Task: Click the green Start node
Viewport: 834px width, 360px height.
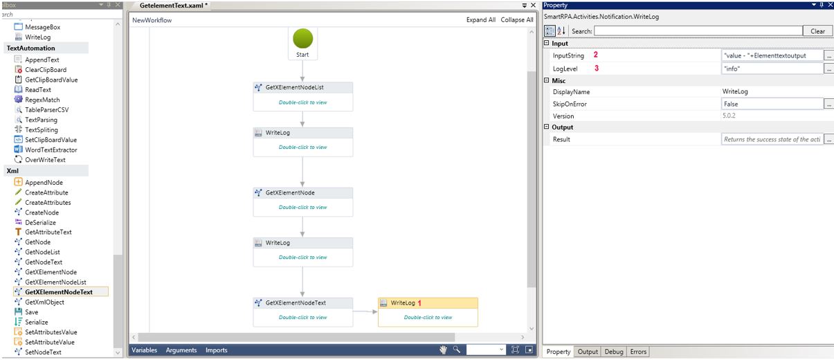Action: coord(302,39)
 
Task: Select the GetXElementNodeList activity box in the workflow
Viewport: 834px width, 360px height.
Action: coord(302,96)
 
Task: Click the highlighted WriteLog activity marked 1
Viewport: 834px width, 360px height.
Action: coord(428,312)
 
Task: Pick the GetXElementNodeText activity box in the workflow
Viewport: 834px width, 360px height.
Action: coord(302,312)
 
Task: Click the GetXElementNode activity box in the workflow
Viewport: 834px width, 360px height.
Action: coord(302,201)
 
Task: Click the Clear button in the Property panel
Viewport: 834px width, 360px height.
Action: coord(817,30)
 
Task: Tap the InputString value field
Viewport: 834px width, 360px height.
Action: coord(772,55)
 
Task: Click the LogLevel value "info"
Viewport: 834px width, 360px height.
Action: coord(772,69)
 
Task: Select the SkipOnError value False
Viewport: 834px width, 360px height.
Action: coord(772,104)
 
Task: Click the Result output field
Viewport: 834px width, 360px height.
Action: coord(772,139)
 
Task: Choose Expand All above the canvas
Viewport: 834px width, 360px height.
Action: coord(481,20)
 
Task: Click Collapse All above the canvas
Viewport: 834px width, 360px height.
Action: coord(517,20)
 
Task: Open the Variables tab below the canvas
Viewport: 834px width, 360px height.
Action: coord(145,350)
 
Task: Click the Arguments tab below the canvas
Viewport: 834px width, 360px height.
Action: coord(181,350)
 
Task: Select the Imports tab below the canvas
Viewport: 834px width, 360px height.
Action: coord(216,350)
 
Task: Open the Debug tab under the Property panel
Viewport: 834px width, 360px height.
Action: coord(613,352)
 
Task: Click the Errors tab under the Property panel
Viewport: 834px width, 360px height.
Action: coord(638,352)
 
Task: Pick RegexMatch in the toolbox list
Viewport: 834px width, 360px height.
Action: coord(42,100)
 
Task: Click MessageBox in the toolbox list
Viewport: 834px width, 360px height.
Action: coord(42,27)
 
